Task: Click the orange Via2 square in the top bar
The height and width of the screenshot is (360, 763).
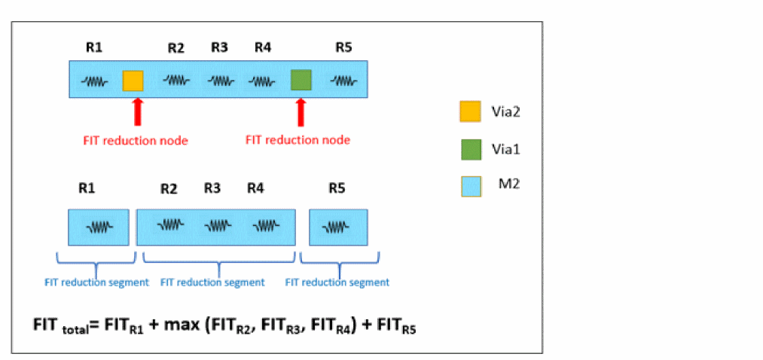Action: [x=133, y=81]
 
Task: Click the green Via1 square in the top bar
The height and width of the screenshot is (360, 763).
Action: [x=301, y=80]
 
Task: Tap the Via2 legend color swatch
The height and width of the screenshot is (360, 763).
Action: [x=470, y=112]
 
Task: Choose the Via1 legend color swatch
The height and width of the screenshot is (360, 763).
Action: [x=470, y=150]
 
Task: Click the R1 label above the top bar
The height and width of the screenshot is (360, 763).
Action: [x=94, y=47]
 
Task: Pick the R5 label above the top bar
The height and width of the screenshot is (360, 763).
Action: [x=343, y=47]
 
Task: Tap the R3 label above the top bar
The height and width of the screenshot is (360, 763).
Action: [x=219, y=47]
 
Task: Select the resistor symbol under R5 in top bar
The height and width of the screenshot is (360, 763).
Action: [x=343, y=81]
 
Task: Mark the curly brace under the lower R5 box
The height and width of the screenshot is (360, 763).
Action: [x=337, y=264]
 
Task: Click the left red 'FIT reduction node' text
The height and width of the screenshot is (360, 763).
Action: [x=136, y=140]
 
